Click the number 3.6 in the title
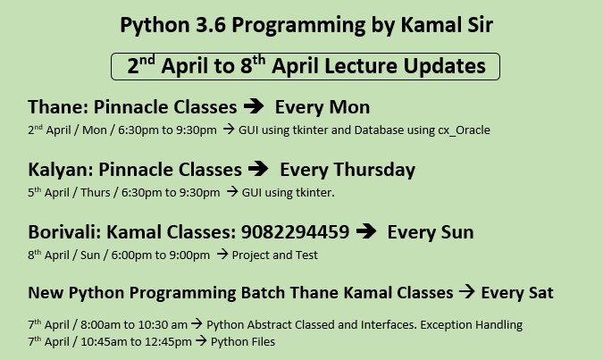point(211,25)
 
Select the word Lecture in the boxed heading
point(361,66)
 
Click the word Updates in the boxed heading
point(445,66)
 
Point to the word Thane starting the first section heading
point(58,107)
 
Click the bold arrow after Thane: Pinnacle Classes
point(254,106)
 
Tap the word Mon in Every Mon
point(349,107)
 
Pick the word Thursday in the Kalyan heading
point(374,170)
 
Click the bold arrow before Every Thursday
point(258,169)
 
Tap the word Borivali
point(64,232)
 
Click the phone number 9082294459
point(296,232)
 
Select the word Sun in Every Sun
point(457,232)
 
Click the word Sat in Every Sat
point(541,293)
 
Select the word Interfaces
point(389,325)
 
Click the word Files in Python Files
point(264,342)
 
